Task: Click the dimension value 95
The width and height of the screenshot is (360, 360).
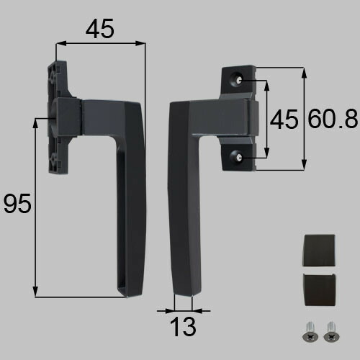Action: [x=17, y=204]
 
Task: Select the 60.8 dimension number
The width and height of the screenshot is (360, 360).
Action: [x=333, y=118]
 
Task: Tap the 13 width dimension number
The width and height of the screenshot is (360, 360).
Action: [x=183, y=327]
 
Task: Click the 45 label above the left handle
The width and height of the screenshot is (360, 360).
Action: [x=100, y=29]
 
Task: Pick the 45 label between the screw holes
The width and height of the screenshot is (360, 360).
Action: [x=284, y=119]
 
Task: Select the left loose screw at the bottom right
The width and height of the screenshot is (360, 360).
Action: [x=310, y=332]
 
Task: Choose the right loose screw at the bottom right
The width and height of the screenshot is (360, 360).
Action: [x=331, y=332]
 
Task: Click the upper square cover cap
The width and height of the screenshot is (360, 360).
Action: [x=319, y=250]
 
